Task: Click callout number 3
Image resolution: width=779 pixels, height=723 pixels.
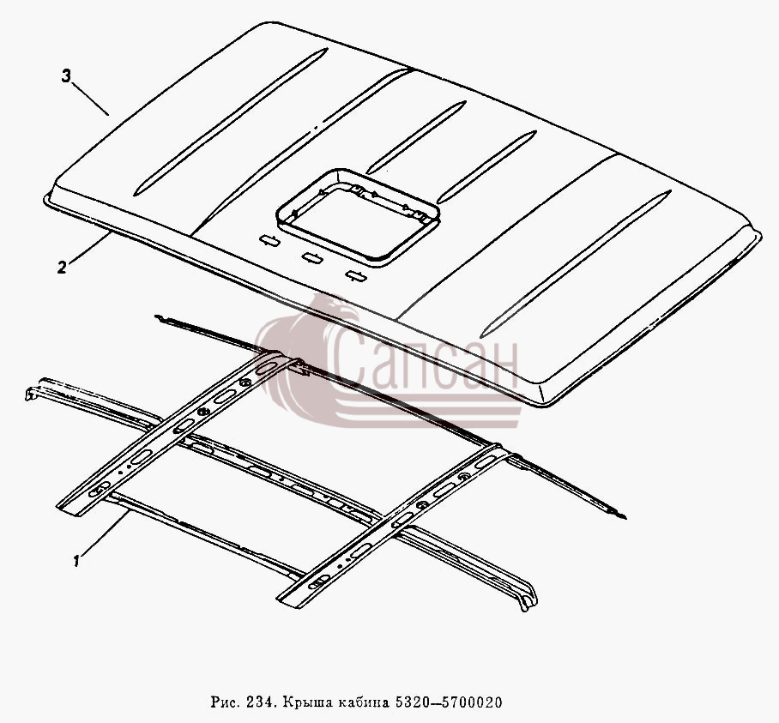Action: (x=66, y=76)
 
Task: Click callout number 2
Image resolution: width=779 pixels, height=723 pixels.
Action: (x=62, y=268)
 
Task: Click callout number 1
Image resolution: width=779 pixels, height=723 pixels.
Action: (x=76, y=561)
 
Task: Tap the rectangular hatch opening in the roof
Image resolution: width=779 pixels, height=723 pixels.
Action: (x=358, y=218)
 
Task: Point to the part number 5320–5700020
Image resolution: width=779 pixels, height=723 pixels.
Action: (x=448, y=702)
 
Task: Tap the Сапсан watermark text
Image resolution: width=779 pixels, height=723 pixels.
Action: (x=425, y=360)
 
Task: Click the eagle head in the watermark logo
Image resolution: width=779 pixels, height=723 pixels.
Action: (x=338, y=310)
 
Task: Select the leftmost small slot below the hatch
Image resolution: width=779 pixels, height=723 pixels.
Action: (x=269, y=240)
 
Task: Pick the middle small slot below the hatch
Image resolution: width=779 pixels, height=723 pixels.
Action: (x=312, y=257)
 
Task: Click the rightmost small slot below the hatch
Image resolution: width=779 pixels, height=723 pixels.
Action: (x=356, y=275)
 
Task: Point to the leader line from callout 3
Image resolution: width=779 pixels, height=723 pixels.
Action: (x=90, y=99)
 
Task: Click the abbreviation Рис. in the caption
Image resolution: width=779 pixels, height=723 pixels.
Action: (x=226, y=702)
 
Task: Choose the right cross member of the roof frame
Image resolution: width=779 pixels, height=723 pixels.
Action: (x=395, y=524)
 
